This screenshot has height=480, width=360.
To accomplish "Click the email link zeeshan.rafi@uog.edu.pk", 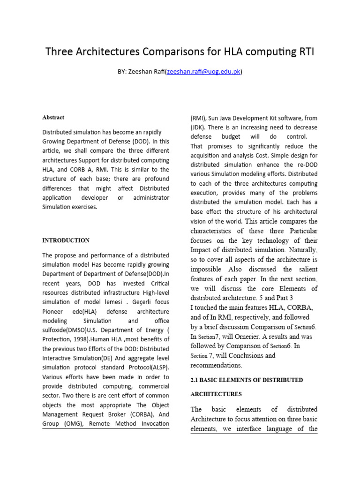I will click(x=203, y=72).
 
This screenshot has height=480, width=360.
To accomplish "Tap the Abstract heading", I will click(x=53, y=117).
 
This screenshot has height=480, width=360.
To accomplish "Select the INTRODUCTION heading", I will click(x=66, y=240).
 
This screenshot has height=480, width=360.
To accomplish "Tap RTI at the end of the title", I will click(x=305, y=52).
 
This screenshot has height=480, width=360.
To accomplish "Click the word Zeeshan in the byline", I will click(x=140, y=72).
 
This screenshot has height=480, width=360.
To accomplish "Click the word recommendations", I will click(x=216, y=365).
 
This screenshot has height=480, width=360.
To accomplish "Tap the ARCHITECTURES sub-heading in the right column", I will click(x=217, y=394).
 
